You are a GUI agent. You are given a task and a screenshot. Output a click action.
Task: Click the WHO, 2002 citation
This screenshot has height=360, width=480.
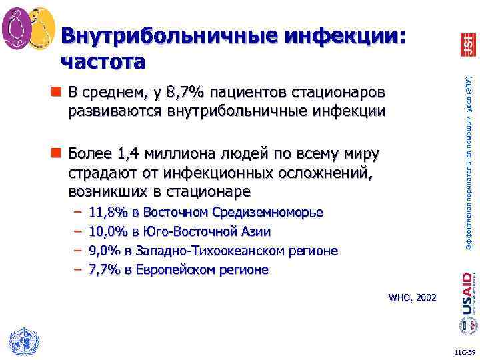[x=412, y=297]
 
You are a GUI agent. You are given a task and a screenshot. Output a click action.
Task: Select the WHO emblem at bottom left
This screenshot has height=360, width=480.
[x=23, y=342]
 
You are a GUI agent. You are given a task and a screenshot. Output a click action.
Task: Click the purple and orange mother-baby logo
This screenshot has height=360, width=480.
[x=28, y=28]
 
